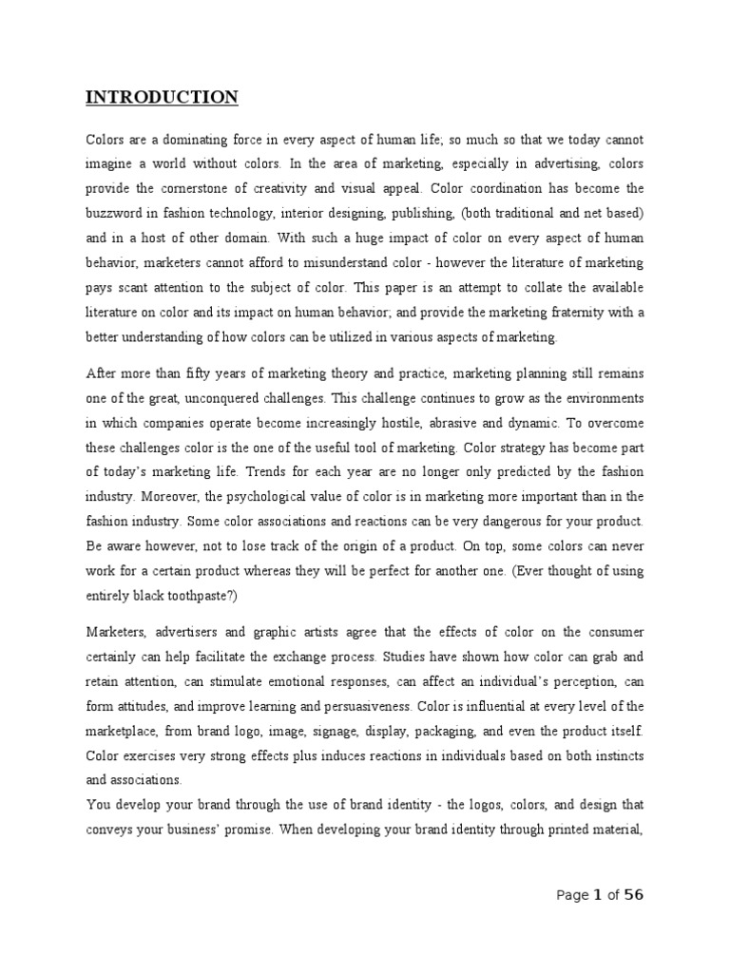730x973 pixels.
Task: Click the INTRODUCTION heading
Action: [x=163, y=98]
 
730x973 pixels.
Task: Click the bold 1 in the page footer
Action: [x=597, y=895]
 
